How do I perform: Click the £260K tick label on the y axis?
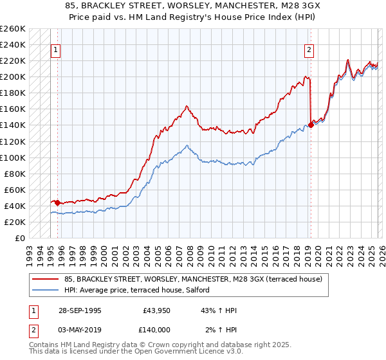(13, 29)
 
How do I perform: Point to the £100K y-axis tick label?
(13, 157)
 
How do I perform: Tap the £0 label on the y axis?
(19, 238)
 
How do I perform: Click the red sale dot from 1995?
(58, 203)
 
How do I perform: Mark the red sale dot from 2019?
(311, 125)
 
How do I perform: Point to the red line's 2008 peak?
(186, 106)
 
